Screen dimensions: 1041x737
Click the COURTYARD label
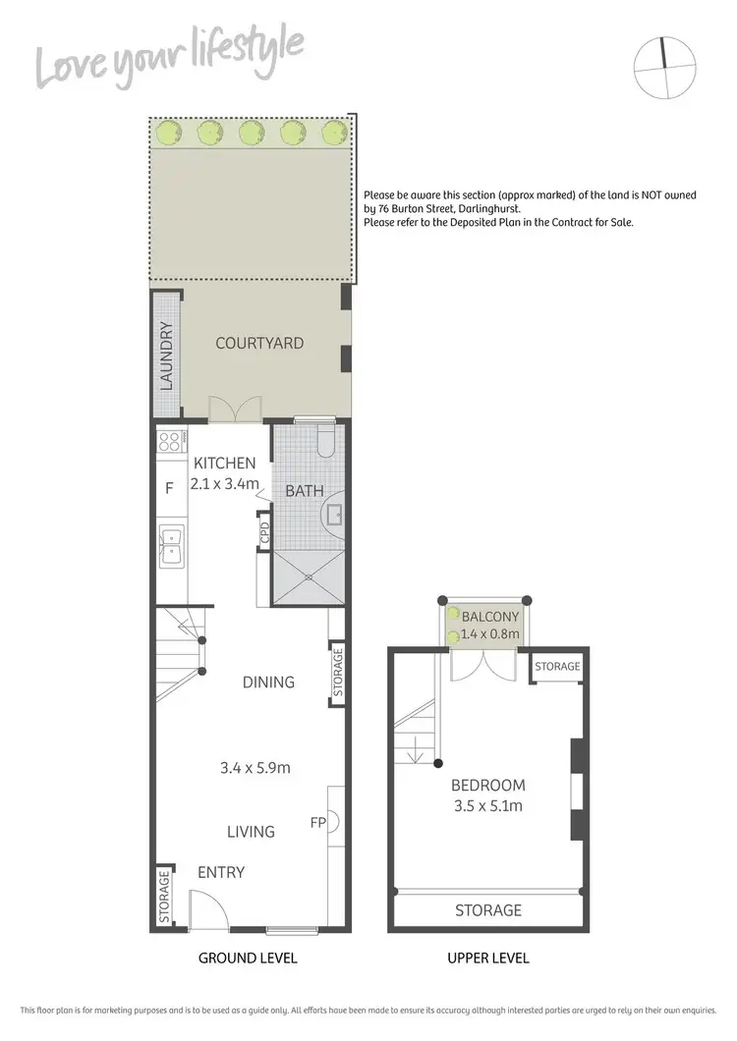click(x=259, y=344)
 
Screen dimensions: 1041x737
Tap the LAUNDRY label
click(x=167, y=356)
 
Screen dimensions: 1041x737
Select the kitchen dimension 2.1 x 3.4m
click(x=225, y=483)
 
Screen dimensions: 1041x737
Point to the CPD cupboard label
click(x=264, y=533)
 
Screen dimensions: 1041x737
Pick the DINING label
click(x=268, y=682)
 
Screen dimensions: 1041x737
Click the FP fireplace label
click(x=317, y=822)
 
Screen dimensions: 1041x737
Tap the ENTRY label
click(x=221, y=872)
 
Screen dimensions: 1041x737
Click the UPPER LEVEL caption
click(x=488, y=959)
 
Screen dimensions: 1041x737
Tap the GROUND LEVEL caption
click(x=248, y=959)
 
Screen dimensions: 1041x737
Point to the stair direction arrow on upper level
click(x=418, y=754)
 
